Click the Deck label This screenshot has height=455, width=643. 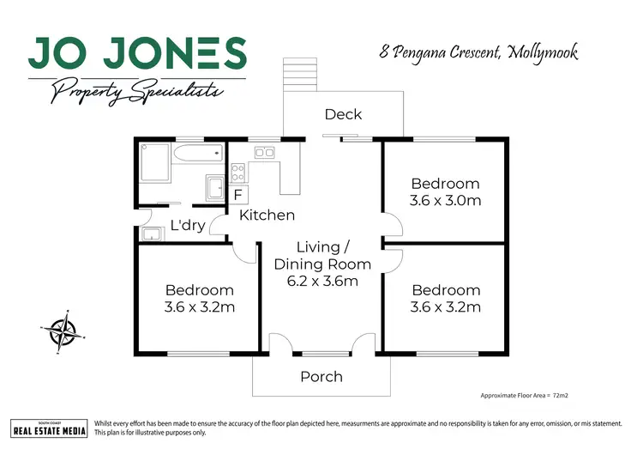click(343, 114)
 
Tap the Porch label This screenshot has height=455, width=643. click(321, 376)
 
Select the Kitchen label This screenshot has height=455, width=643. click(267, 215)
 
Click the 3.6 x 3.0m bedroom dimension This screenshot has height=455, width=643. click(445, 201)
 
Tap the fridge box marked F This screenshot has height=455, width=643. click(237, 195)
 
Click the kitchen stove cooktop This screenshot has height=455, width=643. click(238, 170)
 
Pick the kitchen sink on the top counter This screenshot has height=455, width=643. click(264, 153)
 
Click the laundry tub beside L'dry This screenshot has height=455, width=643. click(153, 234)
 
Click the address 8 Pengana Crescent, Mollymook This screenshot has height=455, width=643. click(478, 52)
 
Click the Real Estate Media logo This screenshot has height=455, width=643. click(49, 428)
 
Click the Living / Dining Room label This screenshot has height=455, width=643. click(321, 256)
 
